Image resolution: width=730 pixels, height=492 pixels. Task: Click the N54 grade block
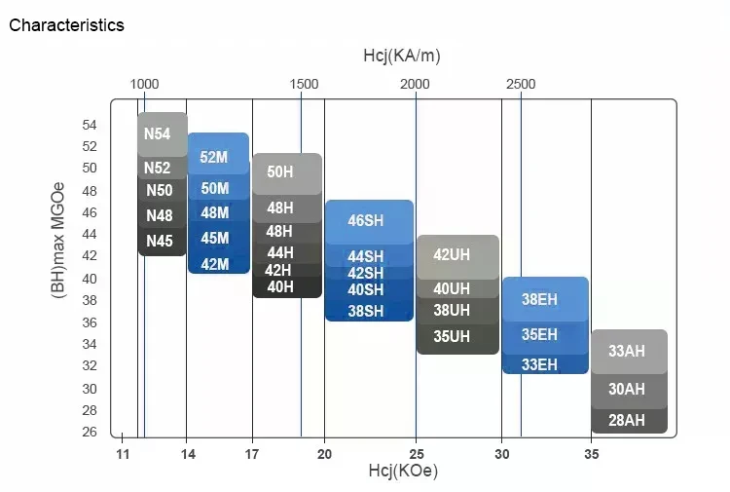[x=158, y=133]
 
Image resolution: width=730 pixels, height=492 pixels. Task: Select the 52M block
[x=215, y=157]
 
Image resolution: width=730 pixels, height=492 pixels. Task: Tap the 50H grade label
[x=280, y=171]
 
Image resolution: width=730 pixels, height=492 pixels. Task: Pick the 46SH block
[x=366, y=221]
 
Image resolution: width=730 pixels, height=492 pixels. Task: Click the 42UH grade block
[x=452, y=254]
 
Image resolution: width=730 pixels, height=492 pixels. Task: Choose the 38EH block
[x=539, y=300]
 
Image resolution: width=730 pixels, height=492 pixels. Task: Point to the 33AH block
[x=627, y=352]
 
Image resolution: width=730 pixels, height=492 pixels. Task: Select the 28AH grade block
[x=627, y=420]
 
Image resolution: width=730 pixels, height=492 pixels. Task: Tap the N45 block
[x=160, y=241]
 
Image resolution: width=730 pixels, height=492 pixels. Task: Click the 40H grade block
[x=280, y=286]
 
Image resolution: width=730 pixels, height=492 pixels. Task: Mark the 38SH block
[x=366, y=311]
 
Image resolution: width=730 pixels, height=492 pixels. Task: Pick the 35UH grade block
[x=452, y=337]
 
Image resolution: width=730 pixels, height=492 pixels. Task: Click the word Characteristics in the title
[x=66, y=25]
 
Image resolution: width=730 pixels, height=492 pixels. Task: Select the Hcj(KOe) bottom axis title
[x=402, y=472]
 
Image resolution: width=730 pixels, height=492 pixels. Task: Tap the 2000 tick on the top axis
[x=416, y=84]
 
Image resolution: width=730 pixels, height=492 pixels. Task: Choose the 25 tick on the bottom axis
[x=416, y=454]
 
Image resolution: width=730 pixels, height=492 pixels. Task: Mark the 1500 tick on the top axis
[x=304, y=84]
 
